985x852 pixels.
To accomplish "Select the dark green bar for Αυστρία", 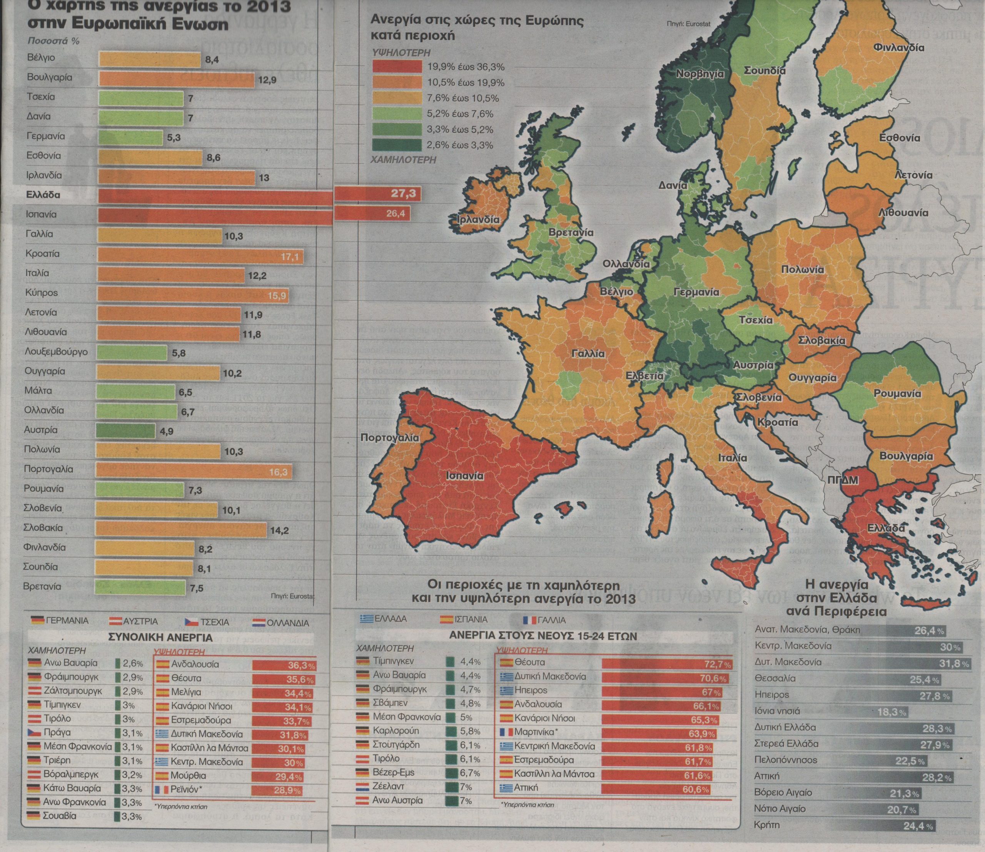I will coord(125,431).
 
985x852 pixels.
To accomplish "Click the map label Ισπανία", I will coord(465,476).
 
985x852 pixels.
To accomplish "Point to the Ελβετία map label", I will coord(644,375).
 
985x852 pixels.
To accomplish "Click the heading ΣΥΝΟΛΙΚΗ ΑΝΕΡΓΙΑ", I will coord(161,638).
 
